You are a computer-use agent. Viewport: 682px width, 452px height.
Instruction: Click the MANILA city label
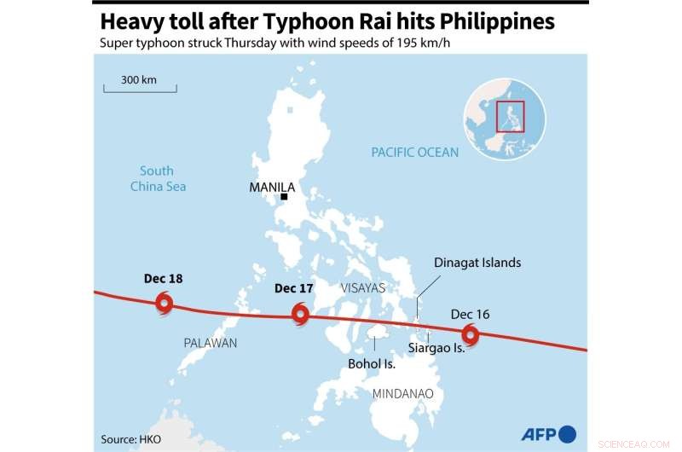click(x=272, y=187)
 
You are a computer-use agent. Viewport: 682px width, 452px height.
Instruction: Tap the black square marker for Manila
click(x=284, y=197)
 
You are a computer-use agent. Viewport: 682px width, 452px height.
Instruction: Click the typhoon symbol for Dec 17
click(x=300, y=314)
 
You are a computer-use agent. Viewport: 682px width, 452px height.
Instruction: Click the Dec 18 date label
click(x=164, y=279)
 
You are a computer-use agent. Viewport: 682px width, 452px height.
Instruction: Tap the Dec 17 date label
click(x=294, y=288)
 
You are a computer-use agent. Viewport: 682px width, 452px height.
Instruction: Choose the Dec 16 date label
click(x=470, y=315)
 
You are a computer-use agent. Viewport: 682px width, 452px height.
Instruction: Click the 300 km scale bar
click(x=140, y=86)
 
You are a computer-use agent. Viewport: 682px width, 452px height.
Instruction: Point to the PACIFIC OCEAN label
click(x=414, y=153)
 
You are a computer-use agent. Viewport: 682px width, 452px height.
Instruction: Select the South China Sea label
click(x=158, y=178)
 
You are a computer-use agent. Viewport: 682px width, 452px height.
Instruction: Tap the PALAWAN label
click(x=211, y=343)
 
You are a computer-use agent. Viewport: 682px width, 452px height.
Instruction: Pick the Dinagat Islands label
click(x=477, y=263)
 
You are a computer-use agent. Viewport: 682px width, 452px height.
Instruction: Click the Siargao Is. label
click(x=436, y=349)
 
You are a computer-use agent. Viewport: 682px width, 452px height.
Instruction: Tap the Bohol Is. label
click(x=372, y=363)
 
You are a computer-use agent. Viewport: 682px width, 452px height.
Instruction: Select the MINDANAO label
click(x=402, y=393)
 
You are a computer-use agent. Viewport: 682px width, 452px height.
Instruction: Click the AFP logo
click(x=548, y=432)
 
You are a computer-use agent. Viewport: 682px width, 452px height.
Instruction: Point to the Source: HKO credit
click(x=130, y=438)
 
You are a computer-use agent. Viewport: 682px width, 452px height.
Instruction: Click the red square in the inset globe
click(x=510, y=116)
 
